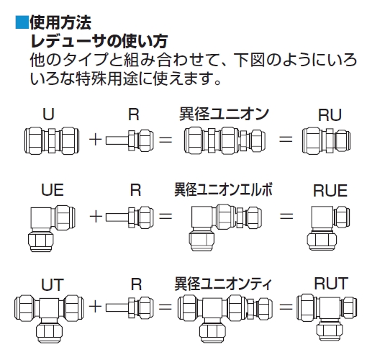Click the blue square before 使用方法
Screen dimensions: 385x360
tap(22, 22)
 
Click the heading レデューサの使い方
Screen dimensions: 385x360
tap(99, 41)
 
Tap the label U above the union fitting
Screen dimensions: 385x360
tap(48, 114)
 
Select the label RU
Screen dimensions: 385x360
tap(330, 114)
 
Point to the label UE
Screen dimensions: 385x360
tap(53, 190)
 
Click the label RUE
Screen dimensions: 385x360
tap(330, 191)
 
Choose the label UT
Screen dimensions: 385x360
tap(53, 284)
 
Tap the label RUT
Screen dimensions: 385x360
tap(331, 284)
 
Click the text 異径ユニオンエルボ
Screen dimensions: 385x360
tap(223, 189)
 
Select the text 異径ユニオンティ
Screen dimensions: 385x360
tap(223, 284)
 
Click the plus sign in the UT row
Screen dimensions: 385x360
tap(95, 307)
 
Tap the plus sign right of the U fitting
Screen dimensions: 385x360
tap(95, 140)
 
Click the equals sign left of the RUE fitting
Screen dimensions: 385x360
tap(286, 216)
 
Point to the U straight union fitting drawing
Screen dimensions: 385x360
tap(52, 140)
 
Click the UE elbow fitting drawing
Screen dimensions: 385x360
tap(52, 228)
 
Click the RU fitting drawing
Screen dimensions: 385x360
tap(326, 140)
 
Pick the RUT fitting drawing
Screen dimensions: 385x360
tap(327, 317)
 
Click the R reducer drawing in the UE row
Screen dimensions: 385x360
tap(130, 217)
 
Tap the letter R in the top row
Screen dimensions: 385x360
tap(134, 114)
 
